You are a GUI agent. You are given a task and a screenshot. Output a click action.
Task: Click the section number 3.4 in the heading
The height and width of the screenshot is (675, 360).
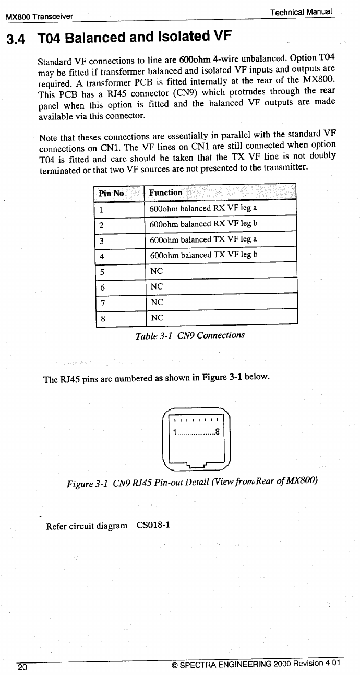17,39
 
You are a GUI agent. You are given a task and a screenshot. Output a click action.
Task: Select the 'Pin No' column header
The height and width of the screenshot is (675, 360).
111,193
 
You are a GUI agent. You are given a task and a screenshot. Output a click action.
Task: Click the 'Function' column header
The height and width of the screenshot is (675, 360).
165,192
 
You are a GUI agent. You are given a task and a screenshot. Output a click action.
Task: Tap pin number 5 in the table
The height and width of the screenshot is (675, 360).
102,272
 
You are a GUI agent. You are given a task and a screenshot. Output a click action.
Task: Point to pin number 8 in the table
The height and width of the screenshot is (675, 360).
102,318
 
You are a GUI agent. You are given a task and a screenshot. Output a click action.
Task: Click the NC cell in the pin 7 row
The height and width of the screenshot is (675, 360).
157,302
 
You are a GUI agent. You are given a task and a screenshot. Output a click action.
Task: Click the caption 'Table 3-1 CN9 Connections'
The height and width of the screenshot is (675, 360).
190,335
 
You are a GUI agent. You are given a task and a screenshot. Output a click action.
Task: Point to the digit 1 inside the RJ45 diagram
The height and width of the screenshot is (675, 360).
175,431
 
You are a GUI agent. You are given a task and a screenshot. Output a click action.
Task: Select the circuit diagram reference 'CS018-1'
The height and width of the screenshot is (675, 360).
153,525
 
